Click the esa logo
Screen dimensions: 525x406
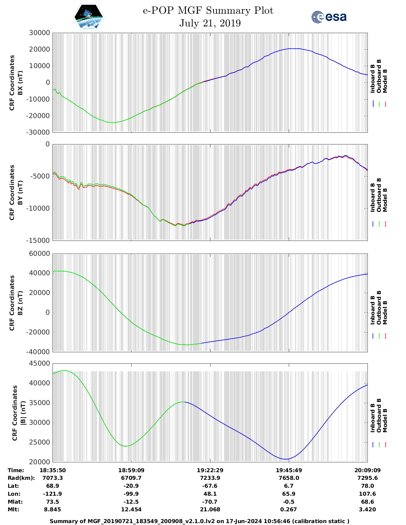click(x=329, y=17)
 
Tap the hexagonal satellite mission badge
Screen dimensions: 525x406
click(x=89, y=17)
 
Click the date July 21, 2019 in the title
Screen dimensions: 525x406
click(x=210, y=23)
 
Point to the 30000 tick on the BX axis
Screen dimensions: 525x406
click(x=39, y=33)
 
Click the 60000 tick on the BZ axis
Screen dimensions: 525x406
click(x=39, y=254)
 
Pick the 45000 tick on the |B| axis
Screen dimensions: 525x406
click(x=39, y=363)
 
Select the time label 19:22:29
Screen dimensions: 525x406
click(x=210, y=470)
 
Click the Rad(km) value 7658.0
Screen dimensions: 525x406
click(x=289, y=478)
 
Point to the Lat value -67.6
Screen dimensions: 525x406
click(x=210, y=486)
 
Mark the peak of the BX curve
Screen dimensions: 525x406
click(x=295, y=49)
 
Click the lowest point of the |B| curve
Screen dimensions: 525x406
click(x=286, y=459)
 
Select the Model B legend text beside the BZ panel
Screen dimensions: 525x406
click(x=385, y=312)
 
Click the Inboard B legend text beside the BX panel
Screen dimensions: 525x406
click(x=373, y=79)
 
